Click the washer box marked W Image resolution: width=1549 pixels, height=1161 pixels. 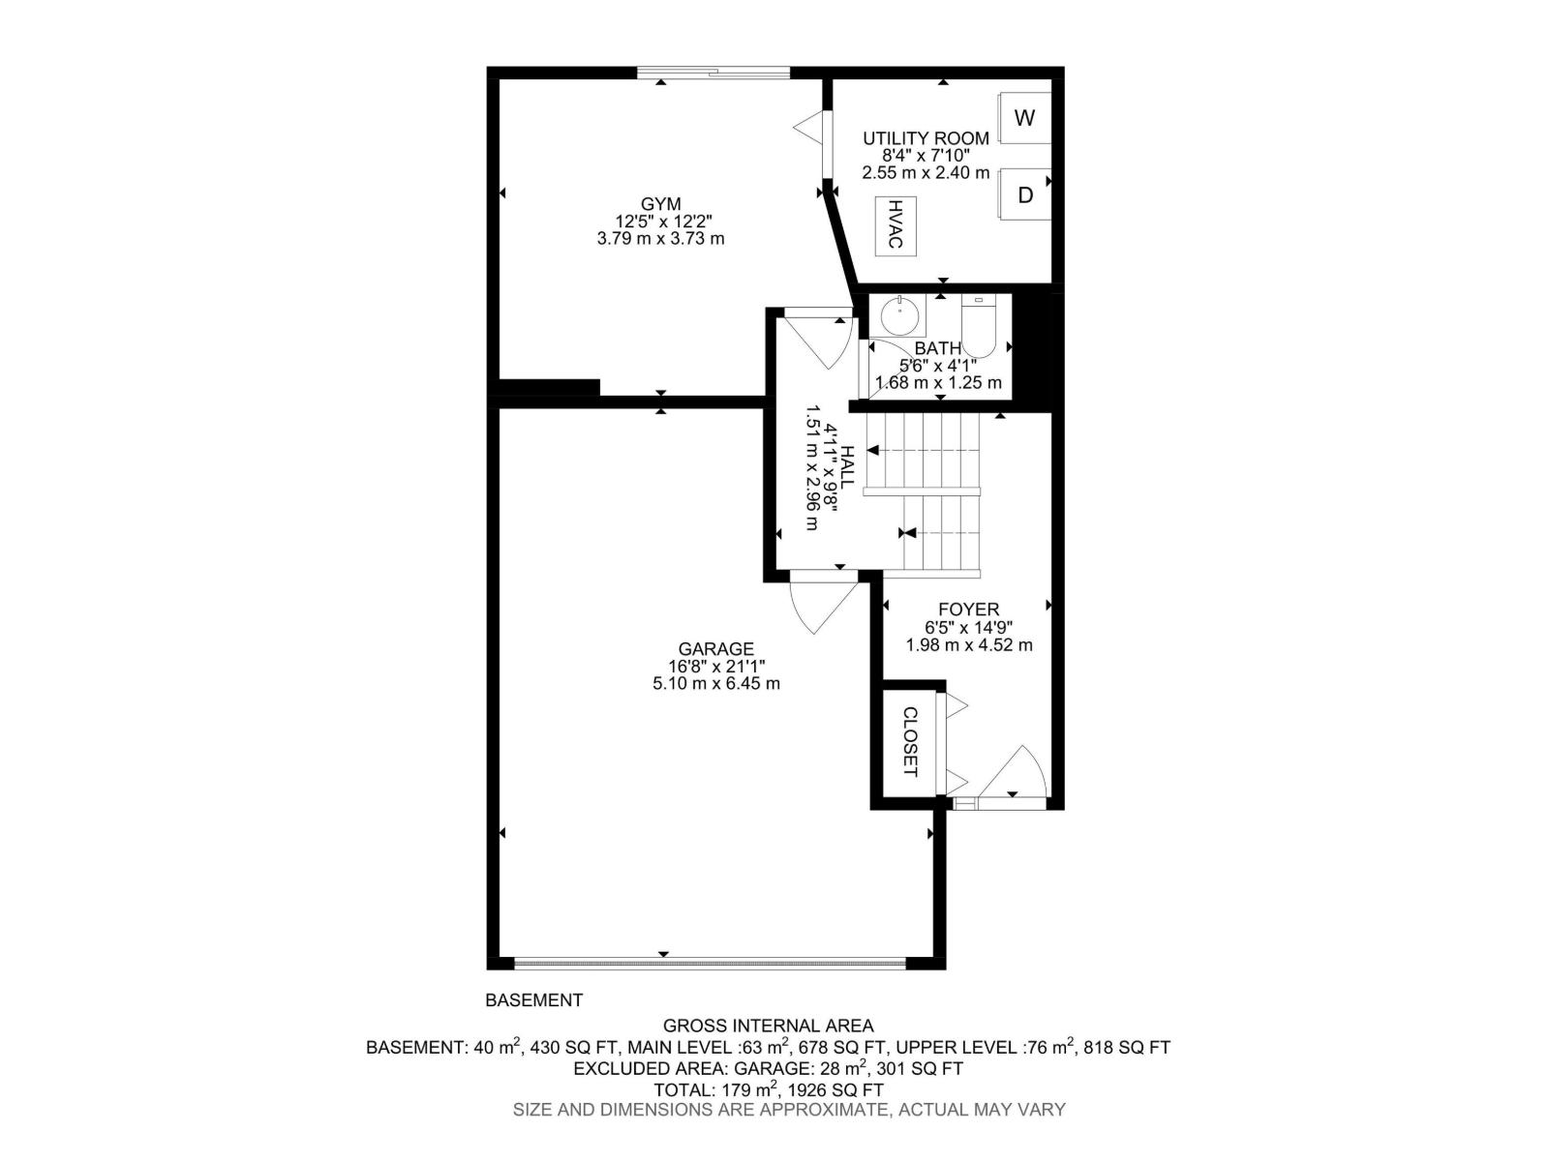[x=1024, y=118]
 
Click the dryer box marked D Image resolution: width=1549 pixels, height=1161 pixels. [x=1025, y=194]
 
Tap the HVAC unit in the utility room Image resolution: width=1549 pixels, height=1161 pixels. [x=896, y=225]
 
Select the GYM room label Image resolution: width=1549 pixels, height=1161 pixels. [x=660, y=204]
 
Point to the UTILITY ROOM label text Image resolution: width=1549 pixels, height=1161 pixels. [x=926, y=138]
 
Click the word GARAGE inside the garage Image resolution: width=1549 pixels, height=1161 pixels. [x=715, y=648]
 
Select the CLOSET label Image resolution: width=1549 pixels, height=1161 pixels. [x=909, y=742]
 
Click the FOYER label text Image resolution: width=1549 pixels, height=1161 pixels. [x=968, y=610]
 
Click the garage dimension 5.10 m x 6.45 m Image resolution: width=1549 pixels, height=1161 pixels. [x=715, y=683]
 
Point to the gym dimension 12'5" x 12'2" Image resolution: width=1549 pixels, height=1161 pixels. [x=661, y=222]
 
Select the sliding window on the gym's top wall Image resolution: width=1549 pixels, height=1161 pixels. [x=714, y=72]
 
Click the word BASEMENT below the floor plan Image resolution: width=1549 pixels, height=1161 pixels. [x=533, y=1000]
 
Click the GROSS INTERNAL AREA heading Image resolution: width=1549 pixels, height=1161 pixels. [x=767, y=1026]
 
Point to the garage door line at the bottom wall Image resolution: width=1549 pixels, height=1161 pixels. [x=710, y=964]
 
